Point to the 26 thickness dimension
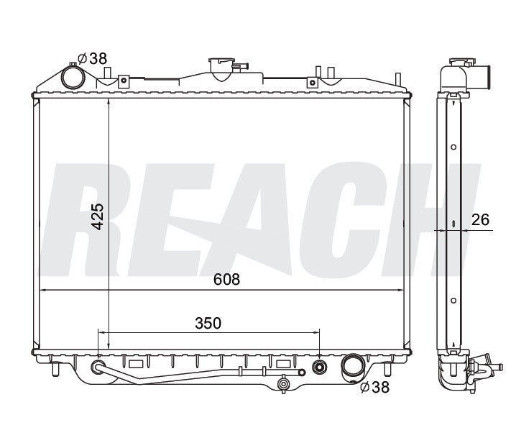(x=481, y=219)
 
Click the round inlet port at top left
(x=73, y=76)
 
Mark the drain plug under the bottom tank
(x=284, y=386)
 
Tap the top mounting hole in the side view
(x=453, y=147)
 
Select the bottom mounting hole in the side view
(x=453, y=299)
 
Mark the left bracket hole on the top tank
(x=123, y=81)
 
